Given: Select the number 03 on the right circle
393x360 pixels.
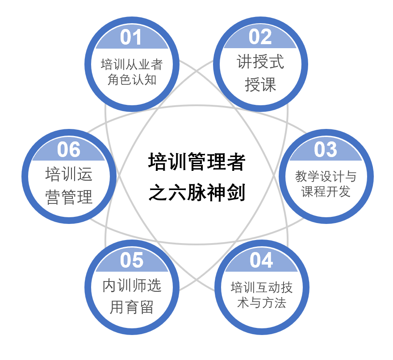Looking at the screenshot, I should [x=326, y=149].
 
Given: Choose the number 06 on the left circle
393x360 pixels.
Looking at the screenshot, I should [x=69, y=149].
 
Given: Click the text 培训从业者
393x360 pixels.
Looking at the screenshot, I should [x=131, y=65].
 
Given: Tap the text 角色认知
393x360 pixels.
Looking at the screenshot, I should [x=131, y=80].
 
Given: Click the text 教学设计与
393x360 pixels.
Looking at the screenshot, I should [x=326, y=176].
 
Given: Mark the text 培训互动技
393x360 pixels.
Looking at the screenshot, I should [x=261, y=287].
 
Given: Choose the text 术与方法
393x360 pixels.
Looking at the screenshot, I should [x=261, y=303].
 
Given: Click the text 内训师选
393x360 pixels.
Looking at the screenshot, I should [x=132, y=286].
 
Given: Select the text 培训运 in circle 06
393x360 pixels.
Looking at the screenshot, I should [x=69, y=174].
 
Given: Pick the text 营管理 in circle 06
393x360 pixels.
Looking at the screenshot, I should [x=69, y=197].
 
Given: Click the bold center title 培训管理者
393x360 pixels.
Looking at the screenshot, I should [x=196, y=162].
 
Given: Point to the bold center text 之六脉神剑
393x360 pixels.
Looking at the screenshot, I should [x=196, y=193].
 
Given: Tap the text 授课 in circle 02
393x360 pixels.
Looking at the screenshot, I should [x=260, y=84].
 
